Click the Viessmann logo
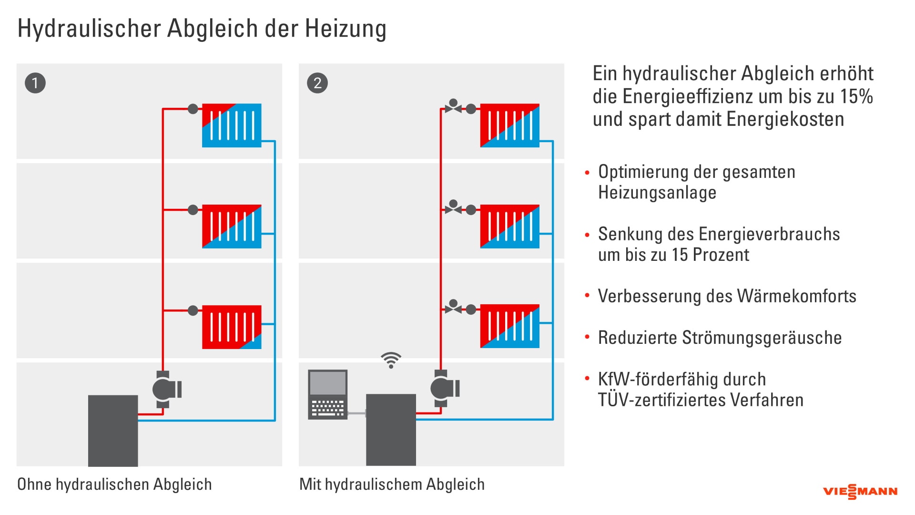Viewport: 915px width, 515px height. pos(860,492)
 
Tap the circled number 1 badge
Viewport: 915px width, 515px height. pos(35,83)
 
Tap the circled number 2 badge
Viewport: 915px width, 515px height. pos(317,83)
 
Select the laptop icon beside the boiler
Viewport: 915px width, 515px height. pos(327,394)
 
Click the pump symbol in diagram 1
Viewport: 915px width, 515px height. pos(164,390)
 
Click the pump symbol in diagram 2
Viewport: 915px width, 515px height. pos(443,389)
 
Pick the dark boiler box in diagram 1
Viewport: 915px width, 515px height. pos(113,430)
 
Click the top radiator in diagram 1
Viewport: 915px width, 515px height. pos(232,125)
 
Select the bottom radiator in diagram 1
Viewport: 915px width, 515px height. pos(232,327)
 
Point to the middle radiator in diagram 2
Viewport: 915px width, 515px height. pos(509,227)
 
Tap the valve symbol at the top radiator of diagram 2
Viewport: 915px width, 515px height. pos(453,107)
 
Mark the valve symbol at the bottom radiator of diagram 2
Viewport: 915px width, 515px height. pos(453,308)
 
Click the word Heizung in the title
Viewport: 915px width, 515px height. pos(346,29)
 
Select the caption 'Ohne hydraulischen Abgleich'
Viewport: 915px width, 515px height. pos(114,484)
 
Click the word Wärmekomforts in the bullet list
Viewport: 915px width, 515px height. pos(796,296)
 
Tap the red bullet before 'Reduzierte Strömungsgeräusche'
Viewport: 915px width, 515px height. pos(587,337)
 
